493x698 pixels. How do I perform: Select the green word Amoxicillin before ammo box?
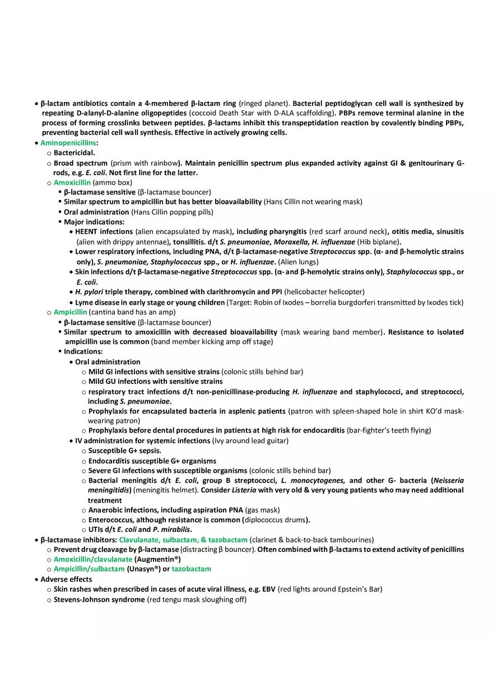click(72, 182)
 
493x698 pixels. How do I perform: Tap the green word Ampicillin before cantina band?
click(70, 312)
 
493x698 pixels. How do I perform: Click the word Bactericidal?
click(74, 152)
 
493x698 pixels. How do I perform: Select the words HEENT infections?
click(104, 231)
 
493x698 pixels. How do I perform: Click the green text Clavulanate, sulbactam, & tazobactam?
click(183, 540)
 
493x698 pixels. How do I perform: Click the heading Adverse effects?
click(66, 579)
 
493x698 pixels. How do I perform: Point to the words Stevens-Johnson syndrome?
click(99, 599)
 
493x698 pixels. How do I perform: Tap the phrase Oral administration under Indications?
click(108, 362)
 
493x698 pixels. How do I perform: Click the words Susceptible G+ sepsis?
click(124, 450)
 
